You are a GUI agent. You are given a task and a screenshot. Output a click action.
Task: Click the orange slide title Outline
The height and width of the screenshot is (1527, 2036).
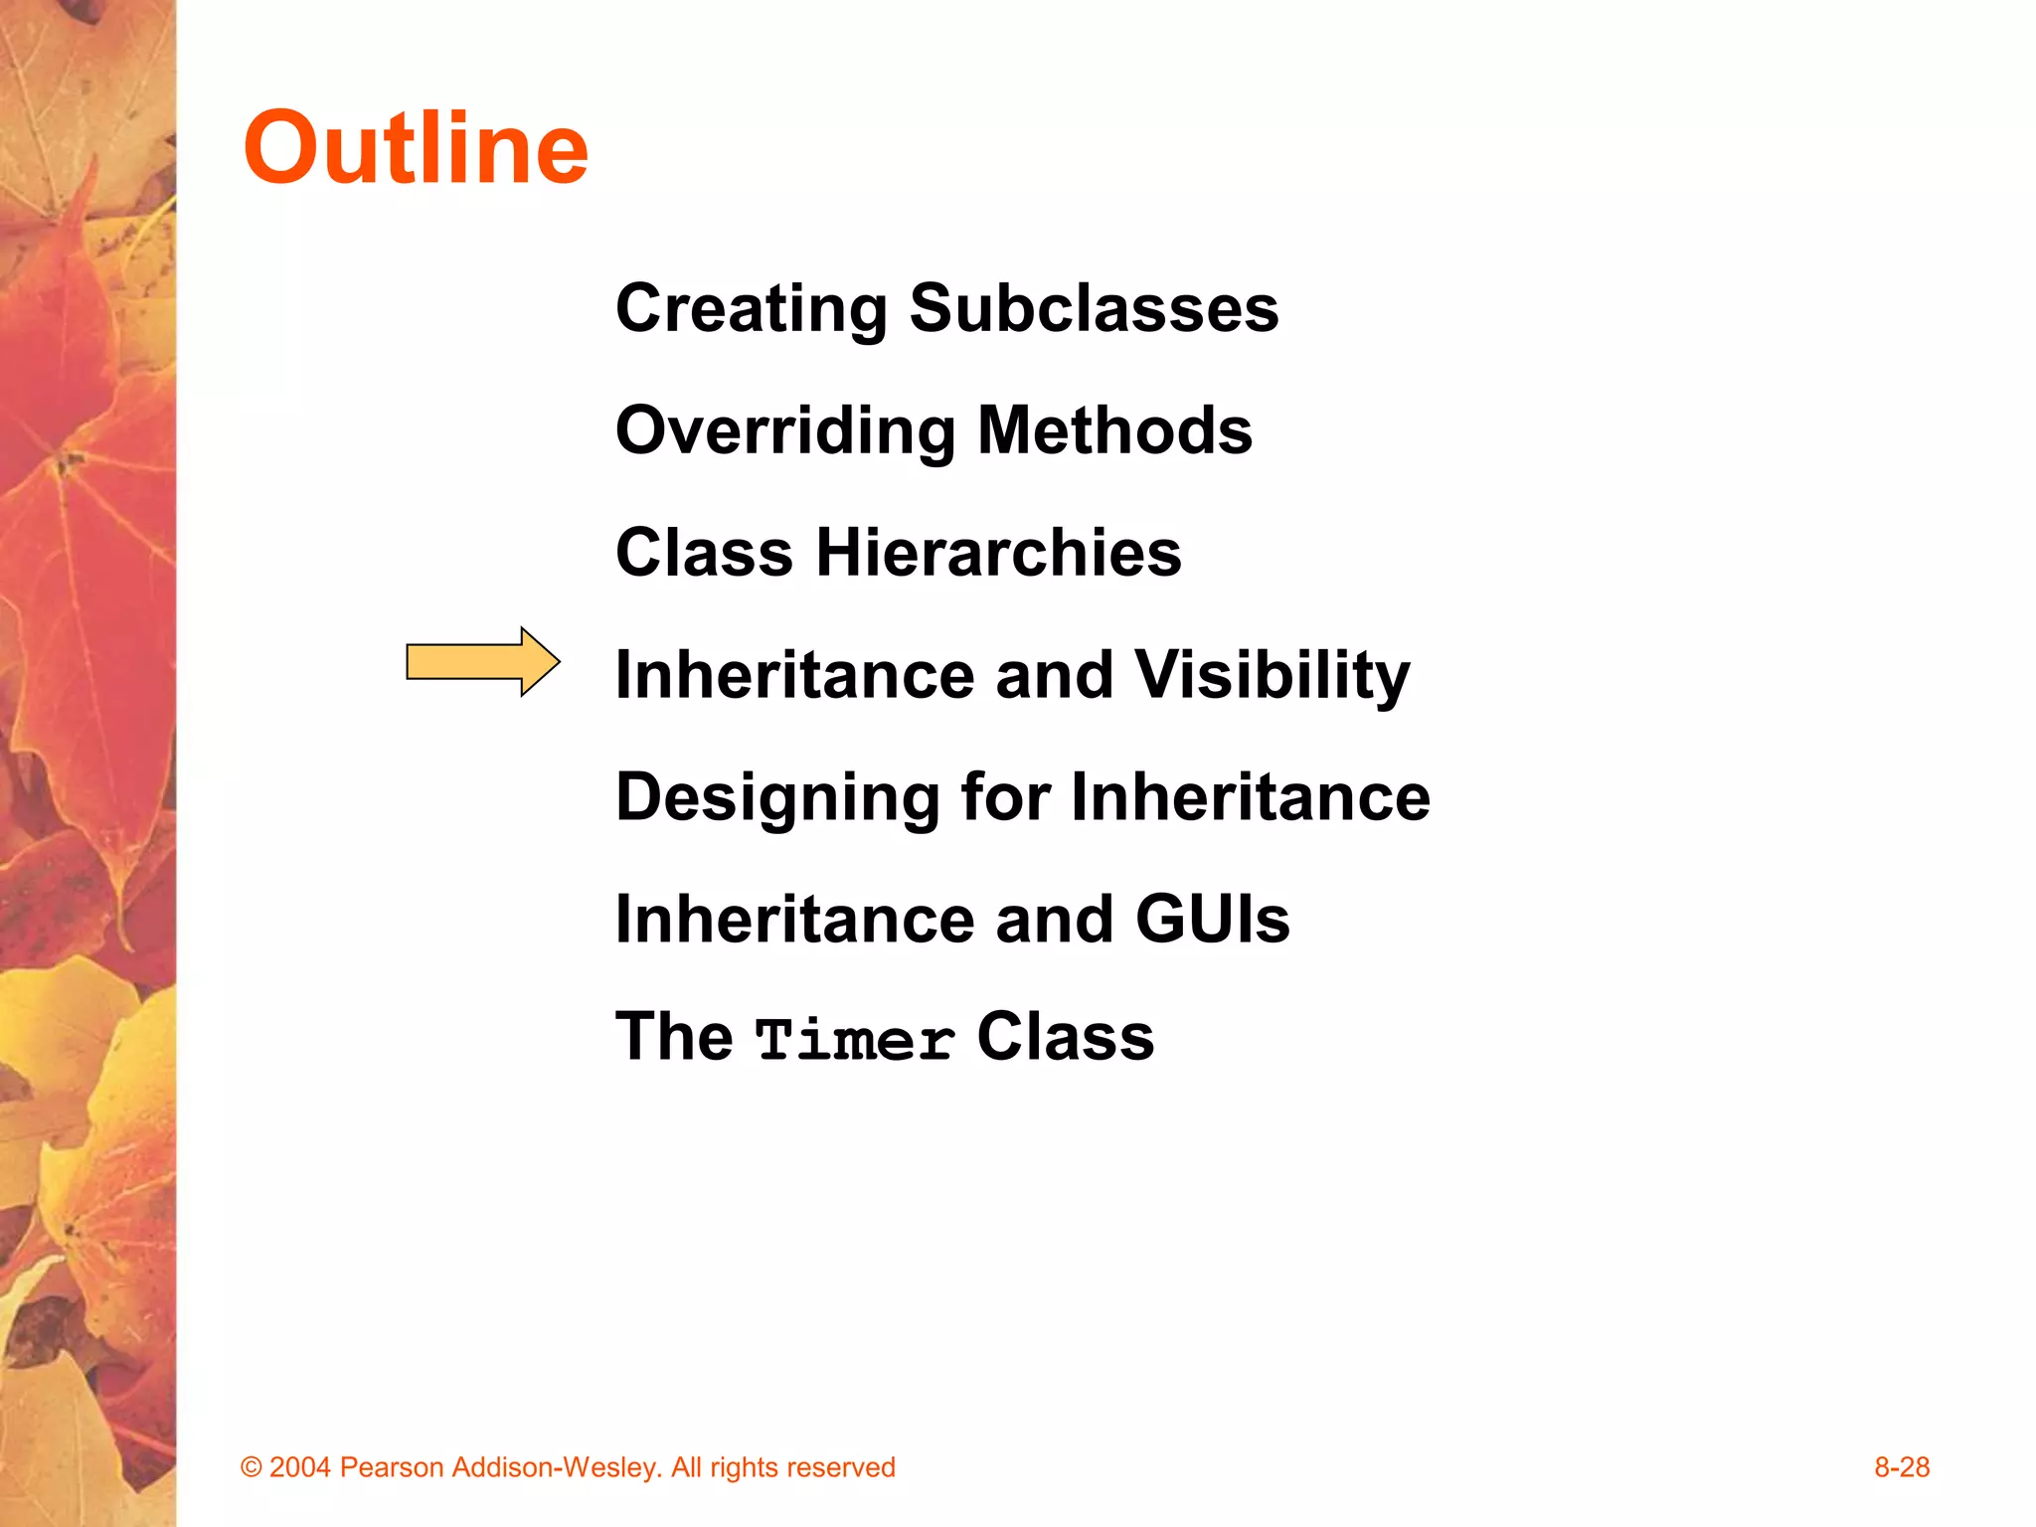tap(416, 149)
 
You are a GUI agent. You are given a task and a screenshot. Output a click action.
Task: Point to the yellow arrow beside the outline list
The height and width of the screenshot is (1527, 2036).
tap(482, 662)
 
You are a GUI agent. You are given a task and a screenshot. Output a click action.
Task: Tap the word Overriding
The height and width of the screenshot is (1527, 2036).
tap(784, 431)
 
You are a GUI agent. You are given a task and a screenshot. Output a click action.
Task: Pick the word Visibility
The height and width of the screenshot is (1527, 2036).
tap(1272, 676)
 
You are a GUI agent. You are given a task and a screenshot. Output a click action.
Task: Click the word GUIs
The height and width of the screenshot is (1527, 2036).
tap(1212, 919)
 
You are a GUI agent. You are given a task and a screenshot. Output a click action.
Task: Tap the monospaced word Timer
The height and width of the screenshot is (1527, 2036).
tap(855, 1041)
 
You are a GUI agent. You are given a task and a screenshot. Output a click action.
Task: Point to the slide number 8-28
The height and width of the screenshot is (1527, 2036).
tap(1901, 1467)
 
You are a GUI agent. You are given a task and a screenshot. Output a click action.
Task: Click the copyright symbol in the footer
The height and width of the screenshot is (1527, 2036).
tap(252, 1468)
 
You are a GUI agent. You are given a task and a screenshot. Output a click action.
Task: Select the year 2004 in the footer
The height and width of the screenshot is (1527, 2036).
tap(299, 1468)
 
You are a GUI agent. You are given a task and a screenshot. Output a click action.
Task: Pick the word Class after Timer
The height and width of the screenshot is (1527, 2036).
tap(1065, 1037)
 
